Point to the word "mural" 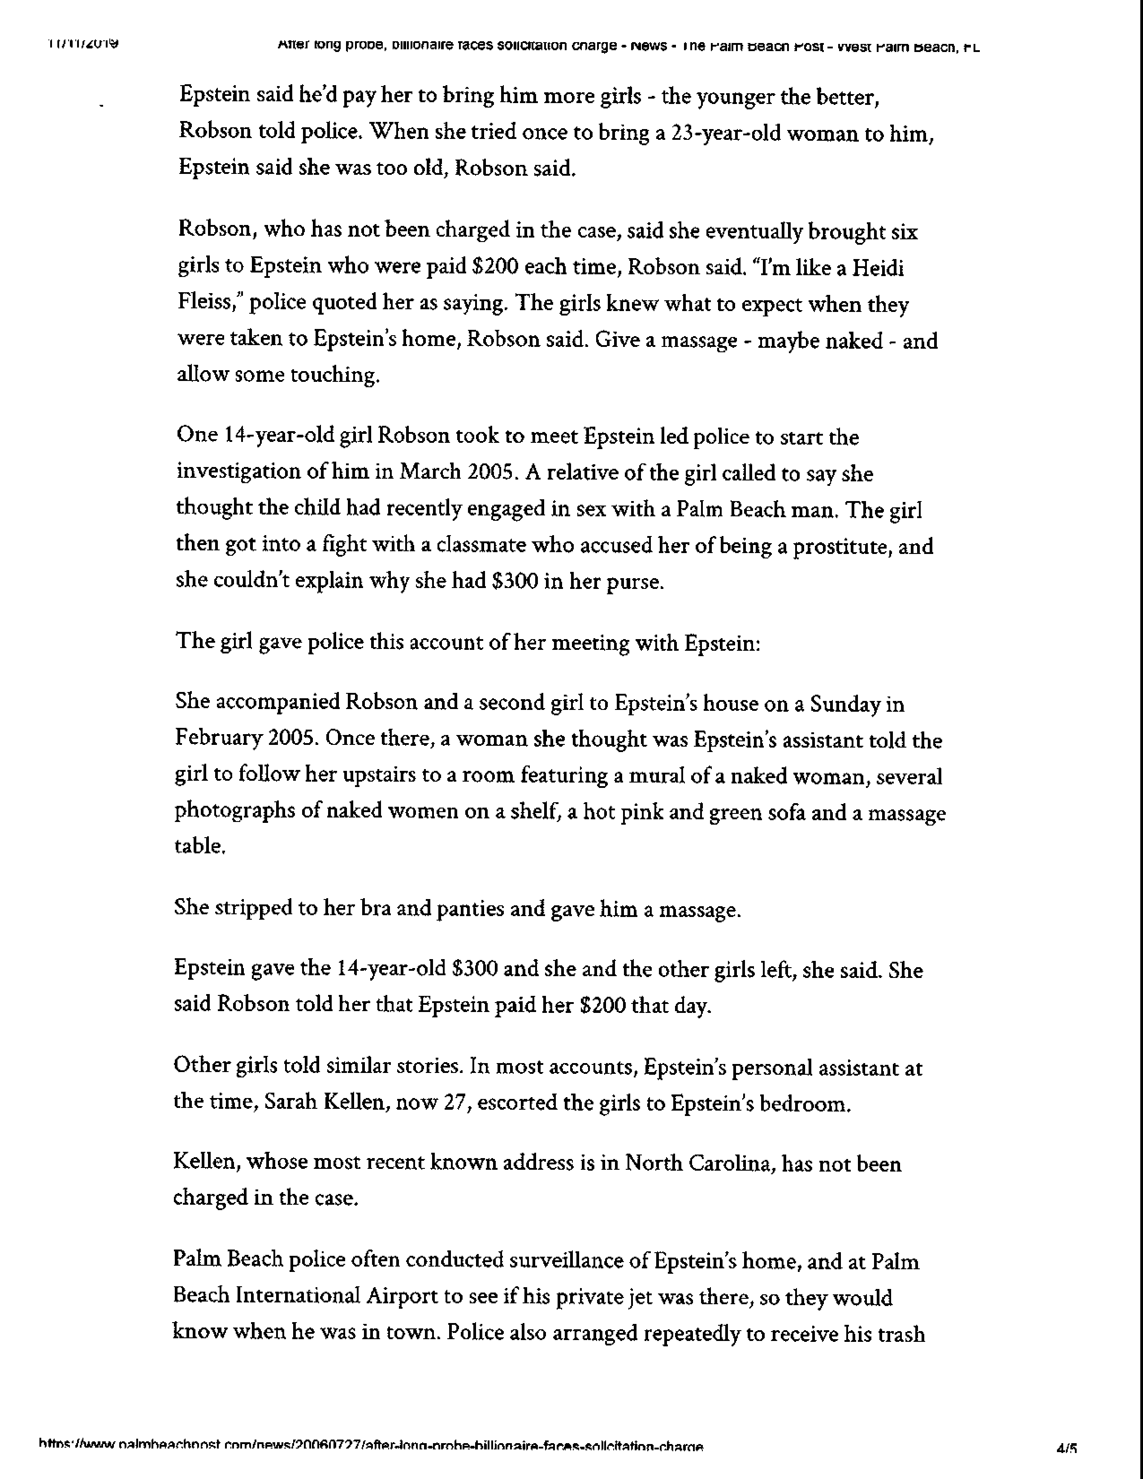[654, 775]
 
